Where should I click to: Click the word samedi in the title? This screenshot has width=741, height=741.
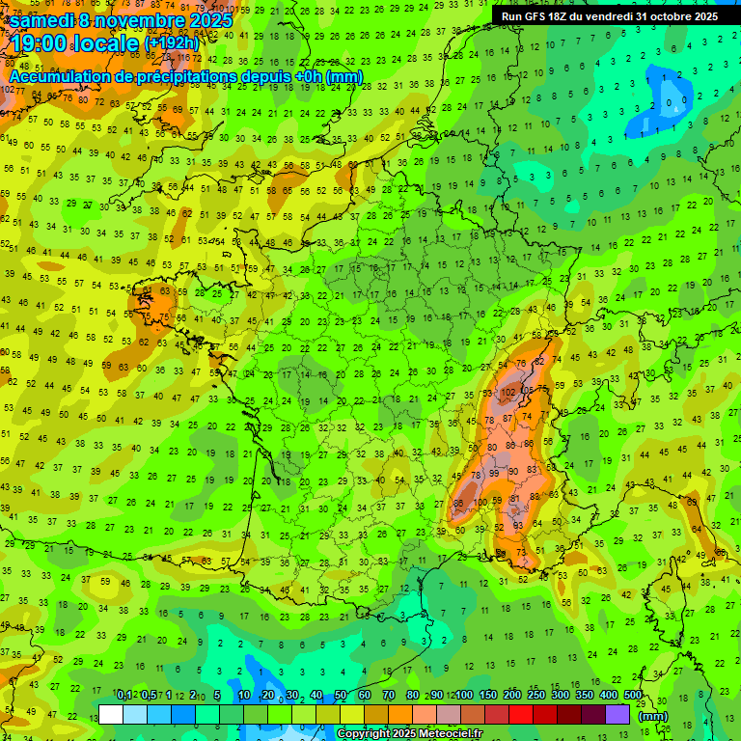42,19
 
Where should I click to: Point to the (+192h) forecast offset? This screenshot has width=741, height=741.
172,43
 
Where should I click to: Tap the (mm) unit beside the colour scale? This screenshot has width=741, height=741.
653,716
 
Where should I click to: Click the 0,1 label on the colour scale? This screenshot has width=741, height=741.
124,695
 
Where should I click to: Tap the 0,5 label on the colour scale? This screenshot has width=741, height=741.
148,695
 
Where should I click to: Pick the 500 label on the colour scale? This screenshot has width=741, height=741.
633,695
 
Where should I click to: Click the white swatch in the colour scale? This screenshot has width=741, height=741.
111,714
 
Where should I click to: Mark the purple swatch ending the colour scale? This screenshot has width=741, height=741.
617,714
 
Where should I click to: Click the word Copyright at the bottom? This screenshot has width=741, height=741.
365,734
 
